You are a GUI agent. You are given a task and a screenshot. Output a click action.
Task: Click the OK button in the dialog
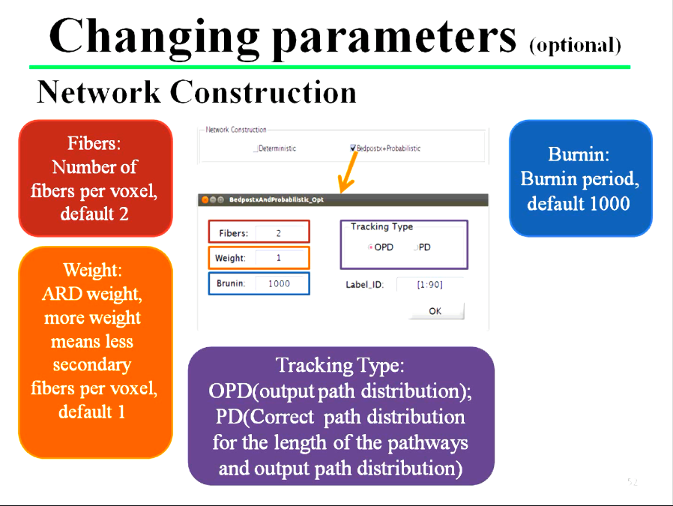coord(435,311)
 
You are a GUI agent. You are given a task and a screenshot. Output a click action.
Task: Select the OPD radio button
coord(370,247)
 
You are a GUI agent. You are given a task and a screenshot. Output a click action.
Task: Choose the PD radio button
coord(415,247)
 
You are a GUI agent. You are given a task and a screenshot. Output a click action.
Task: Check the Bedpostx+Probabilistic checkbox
coord(353,148)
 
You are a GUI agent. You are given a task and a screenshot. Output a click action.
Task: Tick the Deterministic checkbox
coord(256,148)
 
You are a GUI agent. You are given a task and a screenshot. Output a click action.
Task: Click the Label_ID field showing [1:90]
coord(429,285)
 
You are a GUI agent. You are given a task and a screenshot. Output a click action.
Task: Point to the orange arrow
coord(348,172)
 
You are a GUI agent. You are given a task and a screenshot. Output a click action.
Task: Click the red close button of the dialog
coord(205,199)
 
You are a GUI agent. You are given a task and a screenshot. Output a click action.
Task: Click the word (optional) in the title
coord(575,46)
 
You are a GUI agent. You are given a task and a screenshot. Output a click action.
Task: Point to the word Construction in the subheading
coord(263,92)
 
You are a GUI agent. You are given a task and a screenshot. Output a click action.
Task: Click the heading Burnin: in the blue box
coord(579,154)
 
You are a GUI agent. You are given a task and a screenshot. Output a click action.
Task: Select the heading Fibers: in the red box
coord(94,143)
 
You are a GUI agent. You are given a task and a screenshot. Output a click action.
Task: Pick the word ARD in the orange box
coord(62,295)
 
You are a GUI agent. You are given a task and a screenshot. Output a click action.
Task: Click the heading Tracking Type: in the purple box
coord(340,366)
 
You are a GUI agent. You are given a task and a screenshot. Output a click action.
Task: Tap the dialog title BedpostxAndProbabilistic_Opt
coord(277,199)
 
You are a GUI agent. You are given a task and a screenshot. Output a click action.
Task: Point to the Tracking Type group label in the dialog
coord(381,226)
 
